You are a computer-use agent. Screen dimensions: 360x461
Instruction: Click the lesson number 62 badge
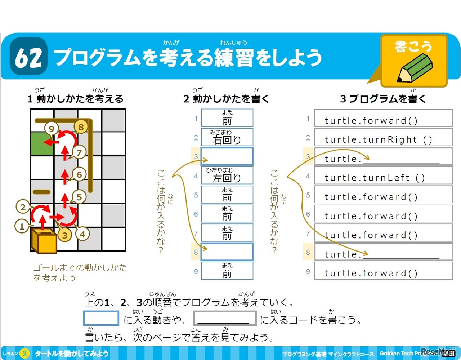[29, 57]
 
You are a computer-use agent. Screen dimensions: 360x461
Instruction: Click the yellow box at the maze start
[44, 241]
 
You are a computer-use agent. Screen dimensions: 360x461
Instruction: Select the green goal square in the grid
[41, 143]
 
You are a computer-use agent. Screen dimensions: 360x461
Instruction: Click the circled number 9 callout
[52, 129]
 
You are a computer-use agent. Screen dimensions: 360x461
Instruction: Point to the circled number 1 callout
[22, 227]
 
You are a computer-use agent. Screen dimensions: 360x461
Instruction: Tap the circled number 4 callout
[82, 234]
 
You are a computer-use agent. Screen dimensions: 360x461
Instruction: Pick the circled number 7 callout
[79, 152]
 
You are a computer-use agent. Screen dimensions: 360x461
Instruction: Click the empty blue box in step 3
[227, 156]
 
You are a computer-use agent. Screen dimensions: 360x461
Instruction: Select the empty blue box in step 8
[227, 252]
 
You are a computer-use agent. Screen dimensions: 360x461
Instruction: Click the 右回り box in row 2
[227, 137]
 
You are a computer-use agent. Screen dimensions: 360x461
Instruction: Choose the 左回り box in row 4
[227, 175]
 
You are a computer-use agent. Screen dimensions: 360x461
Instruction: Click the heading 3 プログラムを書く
[383, 99]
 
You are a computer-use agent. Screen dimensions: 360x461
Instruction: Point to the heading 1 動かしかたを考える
[75, 99]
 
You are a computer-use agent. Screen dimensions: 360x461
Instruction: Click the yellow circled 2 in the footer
[24, 354]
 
